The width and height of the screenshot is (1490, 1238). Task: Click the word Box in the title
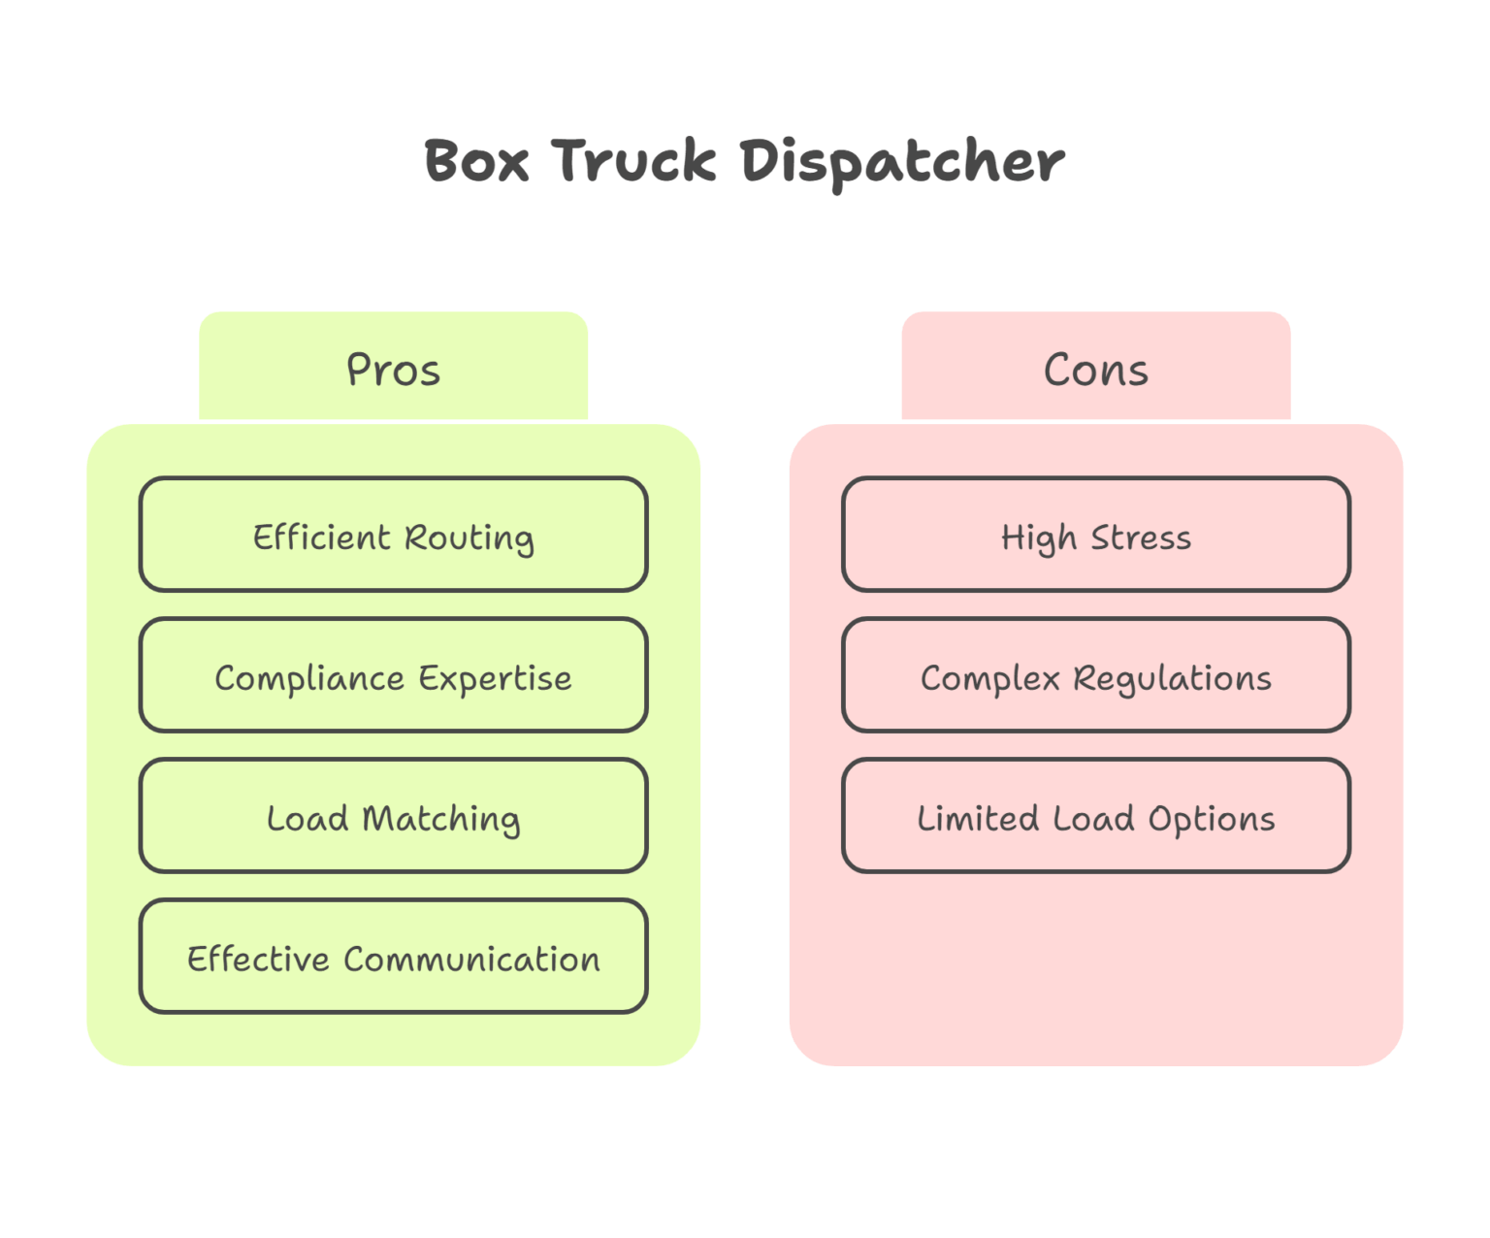tap(476, 161)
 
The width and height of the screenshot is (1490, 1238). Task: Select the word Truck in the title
tap(633, 161)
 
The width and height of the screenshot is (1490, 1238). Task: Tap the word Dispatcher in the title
tap(902, 161)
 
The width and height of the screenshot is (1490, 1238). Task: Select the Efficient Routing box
tap(393, 535)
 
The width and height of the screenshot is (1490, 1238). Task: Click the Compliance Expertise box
tap(393, 675)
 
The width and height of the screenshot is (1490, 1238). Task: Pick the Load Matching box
tap(393, 816)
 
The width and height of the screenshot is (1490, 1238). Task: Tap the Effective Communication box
tap(393, 957)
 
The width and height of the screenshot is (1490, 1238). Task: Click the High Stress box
tap(1095, 535)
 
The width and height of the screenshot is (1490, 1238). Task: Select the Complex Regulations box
tap(1095, 675)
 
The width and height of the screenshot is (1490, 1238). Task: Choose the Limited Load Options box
tap(1095, 816)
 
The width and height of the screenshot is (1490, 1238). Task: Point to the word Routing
tap(469, 538)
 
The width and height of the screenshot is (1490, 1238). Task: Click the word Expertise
tap(495, 679)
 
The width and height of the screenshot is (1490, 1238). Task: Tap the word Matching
tap(440, 820)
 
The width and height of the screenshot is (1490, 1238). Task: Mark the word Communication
tap(471, 960)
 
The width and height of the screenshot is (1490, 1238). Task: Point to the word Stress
tap(1141, 538)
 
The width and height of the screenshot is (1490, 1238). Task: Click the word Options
tap(1212, 820)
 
